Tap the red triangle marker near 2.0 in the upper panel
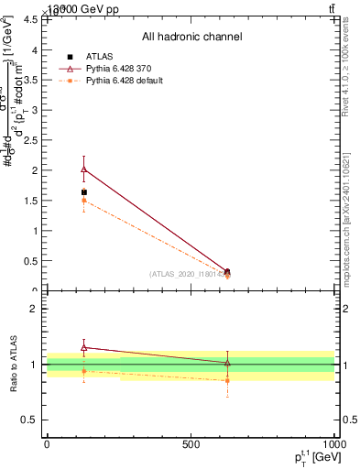84,169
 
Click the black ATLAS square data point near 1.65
84,192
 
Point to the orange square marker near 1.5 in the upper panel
84,201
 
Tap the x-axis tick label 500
191,444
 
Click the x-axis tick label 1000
333,444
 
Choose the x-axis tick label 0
48,444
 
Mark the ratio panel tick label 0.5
30,420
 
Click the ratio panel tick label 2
35,310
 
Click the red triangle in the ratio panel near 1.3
84,347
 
